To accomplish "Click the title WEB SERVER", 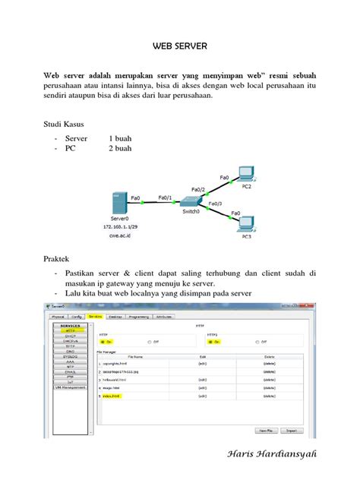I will coord(179,46).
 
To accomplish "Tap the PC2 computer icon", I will coord(245,174).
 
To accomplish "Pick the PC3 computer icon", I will coord(245,226).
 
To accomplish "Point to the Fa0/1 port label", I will coord(166,197).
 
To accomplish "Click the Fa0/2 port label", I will coord(198,189).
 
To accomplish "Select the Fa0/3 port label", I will coord(215,204).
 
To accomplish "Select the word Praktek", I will coord(60,259).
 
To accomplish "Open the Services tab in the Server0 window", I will coord(94,316).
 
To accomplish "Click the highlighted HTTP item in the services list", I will coord(70,331).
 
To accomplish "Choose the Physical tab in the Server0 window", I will coord(55,316).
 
